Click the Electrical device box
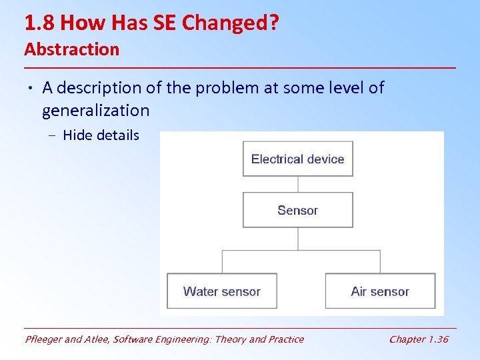(x=297, y=159)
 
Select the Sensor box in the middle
(x=297, y=210)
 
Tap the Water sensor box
(x=221, y=291)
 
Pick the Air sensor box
(x=380, y=291)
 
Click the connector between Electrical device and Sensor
(x=298, y=185)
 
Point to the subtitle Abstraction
(x=71, y=49)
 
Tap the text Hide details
(x=101, y=135)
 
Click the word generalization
(x=95, y=110)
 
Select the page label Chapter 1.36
(x=419, y=339)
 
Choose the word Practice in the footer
(x=283, y=339)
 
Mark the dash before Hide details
(x=52, y=136)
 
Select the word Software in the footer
(x=135, y=339)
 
